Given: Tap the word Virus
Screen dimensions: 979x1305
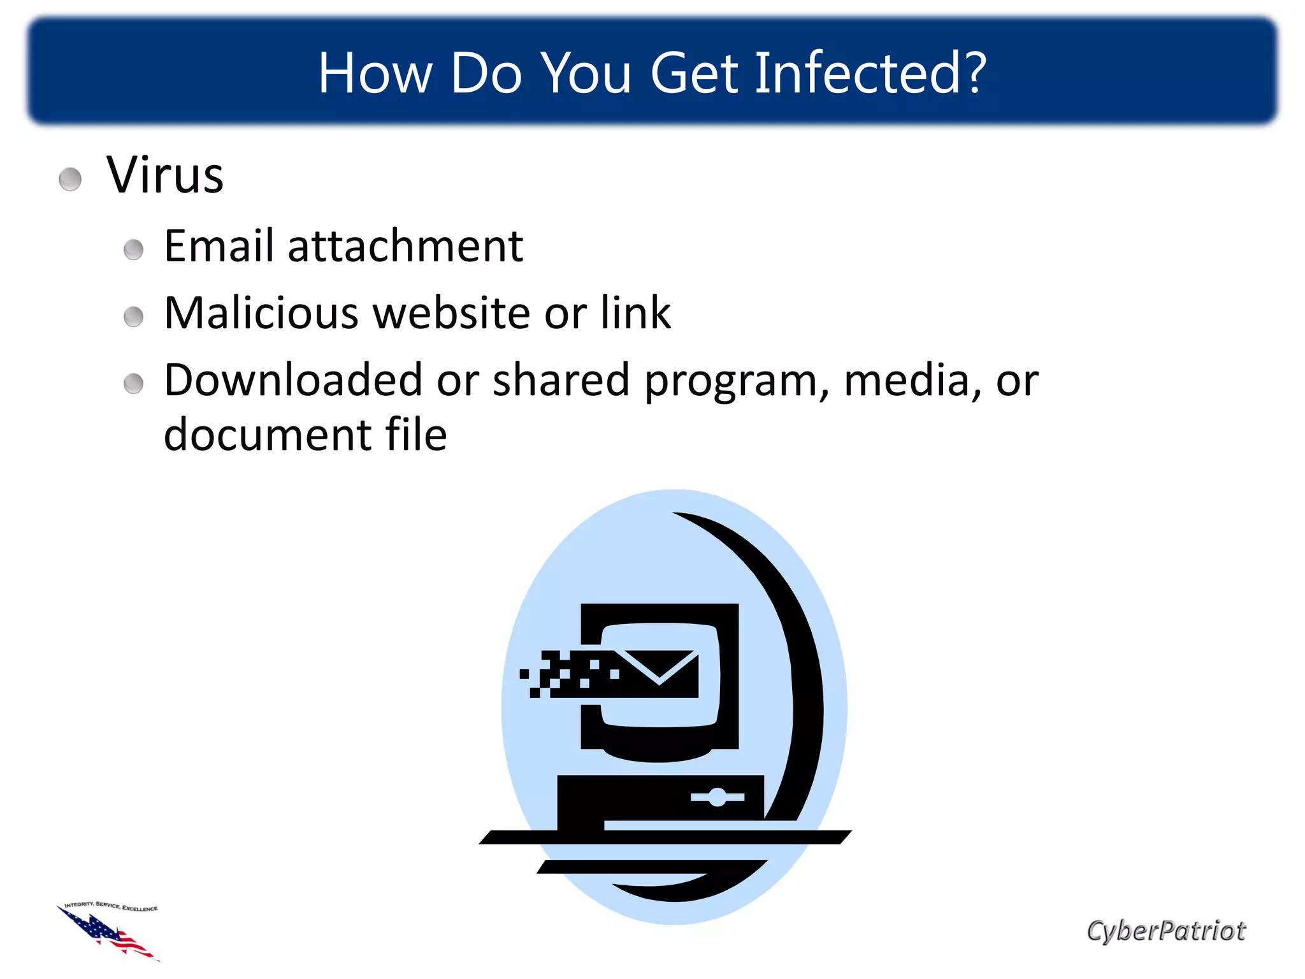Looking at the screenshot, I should [x=165, y=175].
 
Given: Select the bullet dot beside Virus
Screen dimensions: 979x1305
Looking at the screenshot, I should [x=70, y=179].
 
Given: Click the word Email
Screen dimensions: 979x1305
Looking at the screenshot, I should [x=219, y=246].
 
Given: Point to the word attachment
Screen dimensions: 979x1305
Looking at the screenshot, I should [x=405, y=246].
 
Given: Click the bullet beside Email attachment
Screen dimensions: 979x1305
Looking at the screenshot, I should [x=133, y=249].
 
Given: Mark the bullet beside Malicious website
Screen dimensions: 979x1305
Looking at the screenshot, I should [x=133, y=316].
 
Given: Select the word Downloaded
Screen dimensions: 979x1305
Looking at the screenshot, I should [x=293, y=380].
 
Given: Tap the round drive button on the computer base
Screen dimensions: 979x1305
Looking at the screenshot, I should [x=717, y=797].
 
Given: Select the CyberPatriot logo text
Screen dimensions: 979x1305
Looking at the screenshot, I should [x=1165, y=931].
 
